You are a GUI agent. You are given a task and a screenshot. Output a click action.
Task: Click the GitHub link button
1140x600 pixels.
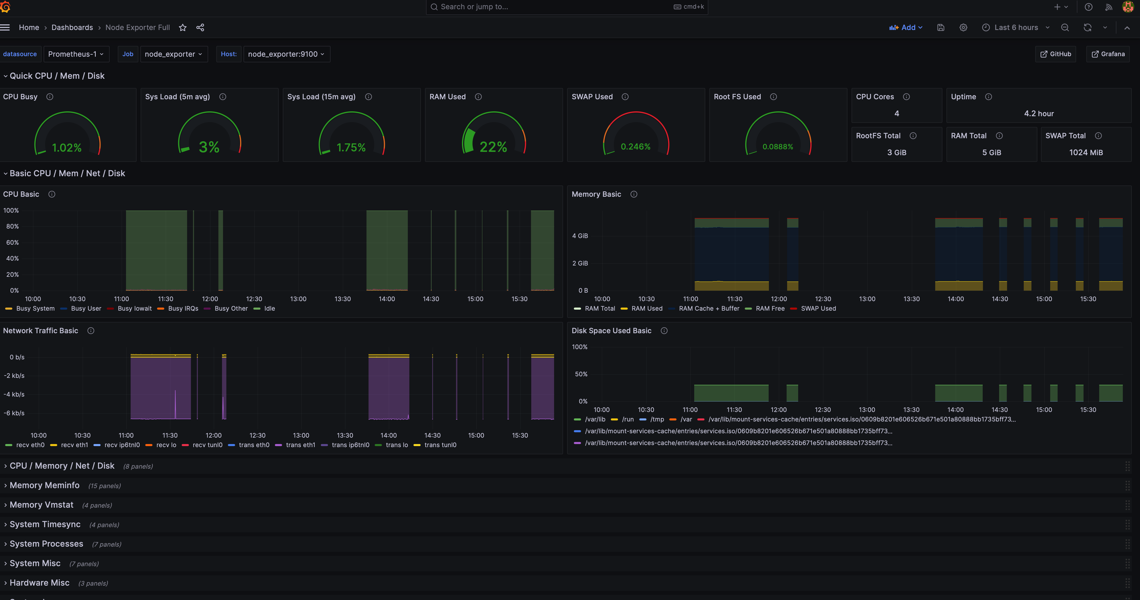click(1056, 54)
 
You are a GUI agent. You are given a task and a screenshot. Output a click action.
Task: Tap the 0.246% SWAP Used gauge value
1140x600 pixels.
click(635, 146)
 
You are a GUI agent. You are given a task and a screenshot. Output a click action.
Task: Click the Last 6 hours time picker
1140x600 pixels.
click(1016, 27)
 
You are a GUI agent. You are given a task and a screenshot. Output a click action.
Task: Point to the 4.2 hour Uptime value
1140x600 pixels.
click(1039, 114)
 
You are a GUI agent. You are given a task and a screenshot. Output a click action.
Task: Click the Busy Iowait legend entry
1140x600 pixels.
click(134, 308)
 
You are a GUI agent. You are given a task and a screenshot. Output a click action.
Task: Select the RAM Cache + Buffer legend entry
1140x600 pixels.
click(709, 308)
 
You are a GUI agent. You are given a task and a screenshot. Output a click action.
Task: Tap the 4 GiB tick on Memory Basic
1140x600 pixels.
click(580, 236)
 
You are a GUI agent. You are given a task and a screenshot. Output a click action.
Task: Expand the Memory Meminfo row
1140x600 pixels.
click(44, 485)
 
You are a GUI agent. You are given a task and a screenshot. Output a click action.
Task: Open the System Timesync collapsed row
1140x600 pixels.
click(45, 524)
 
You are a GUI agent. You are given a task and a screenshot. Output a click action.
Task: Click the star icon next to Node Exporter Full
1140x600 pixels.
click(182, 27)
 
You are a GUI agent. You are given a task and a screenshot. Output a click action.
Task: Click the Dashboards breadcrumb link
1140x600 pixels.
click(72, 27)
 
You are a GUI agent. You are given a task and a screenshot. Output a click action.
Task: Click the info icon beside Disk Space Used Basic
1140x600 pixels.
click(664, 331)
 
